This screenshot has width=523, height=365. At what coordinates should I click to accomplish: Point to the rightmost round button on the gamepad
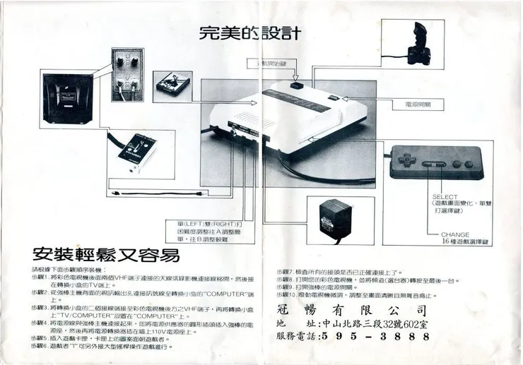coord(468,164)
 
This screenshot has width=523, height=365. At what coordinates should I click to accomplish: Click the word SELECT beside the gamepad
coord(445,197)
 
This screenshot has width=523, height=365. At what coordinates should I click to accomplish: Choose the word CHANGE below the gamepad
coord(455,234)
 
